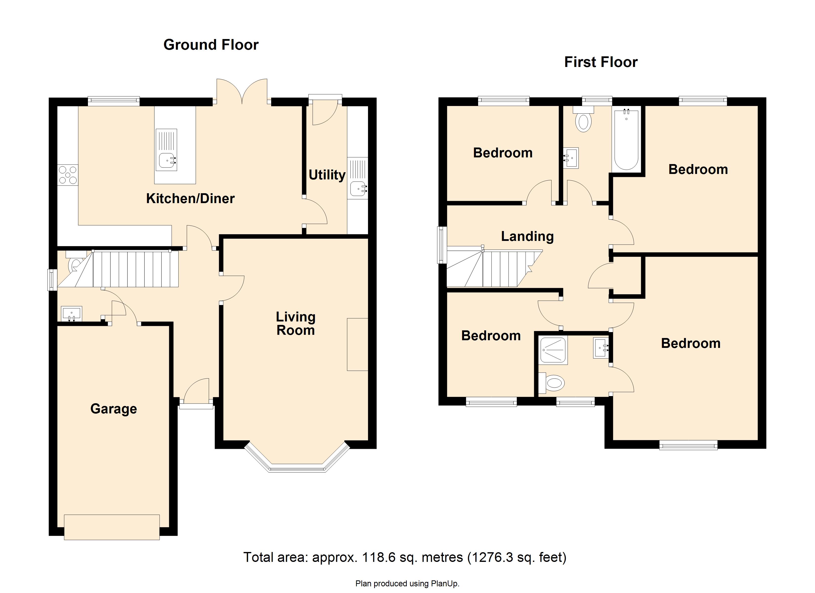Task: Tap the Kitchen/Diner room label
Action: click(x=190, y=198)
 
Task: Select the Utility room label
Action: click(x=327, y=175)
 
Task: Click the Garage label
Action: click(x=114, y=409)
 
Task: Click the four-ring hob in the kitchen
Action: click(x=68, y=175)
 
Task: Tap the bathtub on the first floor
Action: click(x=626, y=140)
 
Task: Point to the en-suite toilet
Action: click(x=551, y=383)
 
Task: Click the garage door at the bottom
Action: click(x=112, y=527)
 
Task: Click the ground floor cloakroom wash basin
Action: click(x=72, y=314)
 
